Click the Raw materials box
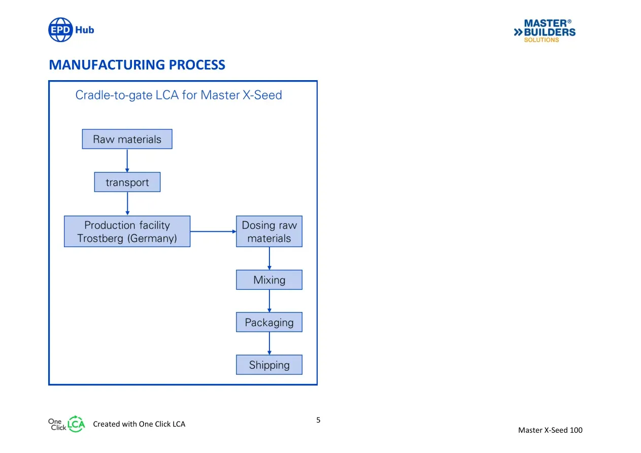coord(127,139)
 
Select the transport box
coord(127,182)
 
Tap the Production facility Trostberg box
coord(127,231)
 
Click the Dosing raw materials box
coord(269,231)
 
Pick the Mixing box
coord(269,280)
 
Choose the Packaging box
coord(269,322)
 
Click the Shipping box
coord(269,365)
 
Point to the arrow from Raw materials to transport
coord(127,160)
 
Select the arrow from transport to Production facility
coord(127,203)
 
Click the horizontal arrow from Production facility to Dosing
coord(213,231)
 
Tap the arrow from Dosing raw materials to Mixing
coord(269,258)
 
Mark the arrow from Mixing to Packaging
coord(269,301)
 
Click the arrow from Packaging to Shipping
coord(269,343)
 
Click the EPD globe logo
coord(60,30)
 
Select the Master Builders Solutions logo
coord(545,31)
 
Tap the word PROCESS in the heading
coord(197,64)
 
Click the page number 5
coord(318,420)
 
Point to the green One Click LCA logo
coord(76,424)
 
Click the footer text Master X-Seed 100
coord(550,430)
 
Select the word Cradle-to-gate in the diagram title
coord(114,95)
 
